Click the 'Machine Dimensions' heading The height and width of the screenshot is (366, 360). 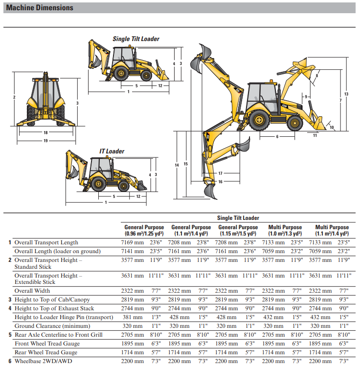pos(40,8)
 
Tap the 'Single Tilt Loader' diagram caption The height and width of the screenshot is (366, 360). pos(136,39)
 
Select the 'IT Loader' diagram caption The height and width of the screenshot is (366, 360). pos(112,151)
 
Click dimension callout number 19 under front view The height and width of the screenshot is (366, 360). pos(45,141)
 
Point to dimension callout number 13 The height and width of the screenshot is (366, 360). pos(346,94)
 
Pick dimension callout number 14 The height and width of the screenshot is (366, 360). pos(177,165)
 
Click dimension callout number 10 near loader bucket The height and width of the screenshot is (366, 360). pos(332,128)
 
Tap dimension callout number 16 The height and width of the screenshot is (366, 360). pos(221,182)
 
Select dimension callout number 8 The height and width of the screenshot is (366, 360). pos(317,76)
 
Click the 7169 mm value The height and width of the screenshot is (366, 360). pos(132,242)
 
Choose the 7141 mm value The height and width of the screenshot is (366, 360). pos(132,251)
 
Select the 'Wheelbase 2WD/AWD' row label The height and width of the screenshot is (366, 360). pos(44,361)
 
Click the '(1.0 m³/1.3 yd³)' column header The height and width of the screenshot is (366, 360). pos(285,234)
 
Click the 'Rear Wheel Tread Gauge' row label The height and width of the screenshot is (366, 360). pos(45,352)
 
